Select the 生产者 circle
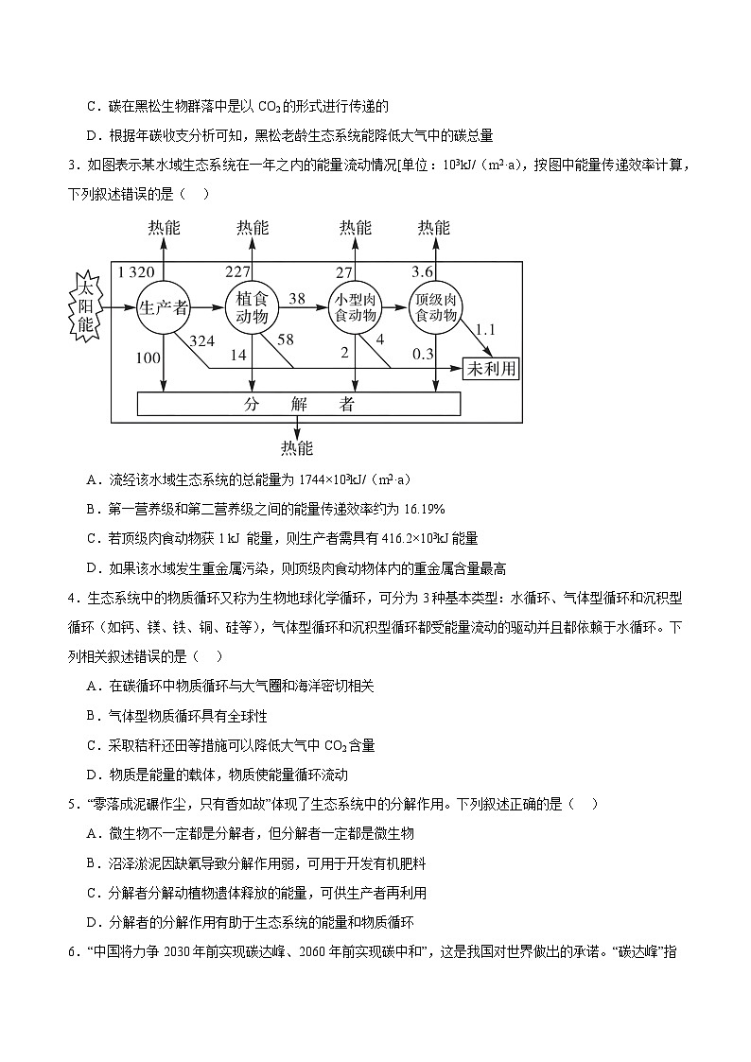point(164,307)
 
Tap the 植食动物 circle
point(253,306)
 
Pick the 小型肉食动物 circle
point(355,306)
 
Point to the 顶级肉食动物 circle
point(436,306)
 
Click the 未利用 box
point(491,369)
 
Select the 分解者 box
point(299,404)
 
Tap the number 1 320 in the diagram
point(135,272)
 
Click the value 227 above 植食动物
point(236,272)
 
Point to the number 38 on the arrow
point(296,298)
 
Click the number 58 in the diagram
point(286,339)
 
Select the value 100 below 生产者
point(148,357)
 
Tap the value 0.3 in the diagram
point(424,354)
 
